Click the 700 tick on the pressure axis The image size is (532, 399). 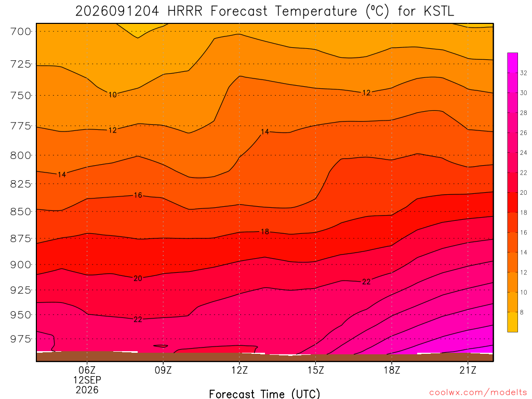[21, 32]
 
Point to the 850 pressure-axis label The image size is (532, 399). [21, 211]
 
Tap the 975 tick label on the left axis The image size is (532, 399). [21, 339]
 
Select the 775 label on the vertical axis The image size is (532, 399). [21, 126]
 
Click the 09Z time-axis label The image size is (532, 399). [163, 370]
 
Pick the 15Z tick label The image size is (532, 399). [315, 370]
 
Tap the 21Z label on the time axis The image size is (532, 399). [468, 370]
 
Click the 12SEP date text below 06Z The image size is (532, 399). [87, 380]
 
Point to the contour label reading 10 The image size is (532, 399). [112, 95]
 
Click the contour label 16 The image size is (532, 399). [138, 195]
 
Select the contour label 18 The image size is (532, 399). [264, 232]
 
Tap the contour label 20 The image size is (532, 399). [138, 278]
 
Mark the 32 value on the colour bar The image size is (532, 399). [524, 73]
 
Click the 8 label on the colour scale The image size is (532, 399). [522, 312]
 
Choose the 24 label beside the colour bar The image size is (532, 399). [524, 153]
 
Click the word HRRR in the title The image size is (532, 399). [185, 11]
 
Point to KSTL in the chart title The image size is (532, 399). [438, 11]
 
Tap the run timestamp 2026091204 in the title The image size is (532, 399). [117, 11]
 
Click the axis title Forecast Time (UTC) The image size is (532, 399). [264, 394]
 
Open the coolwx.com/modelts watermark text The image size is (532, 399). [478, 392]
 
